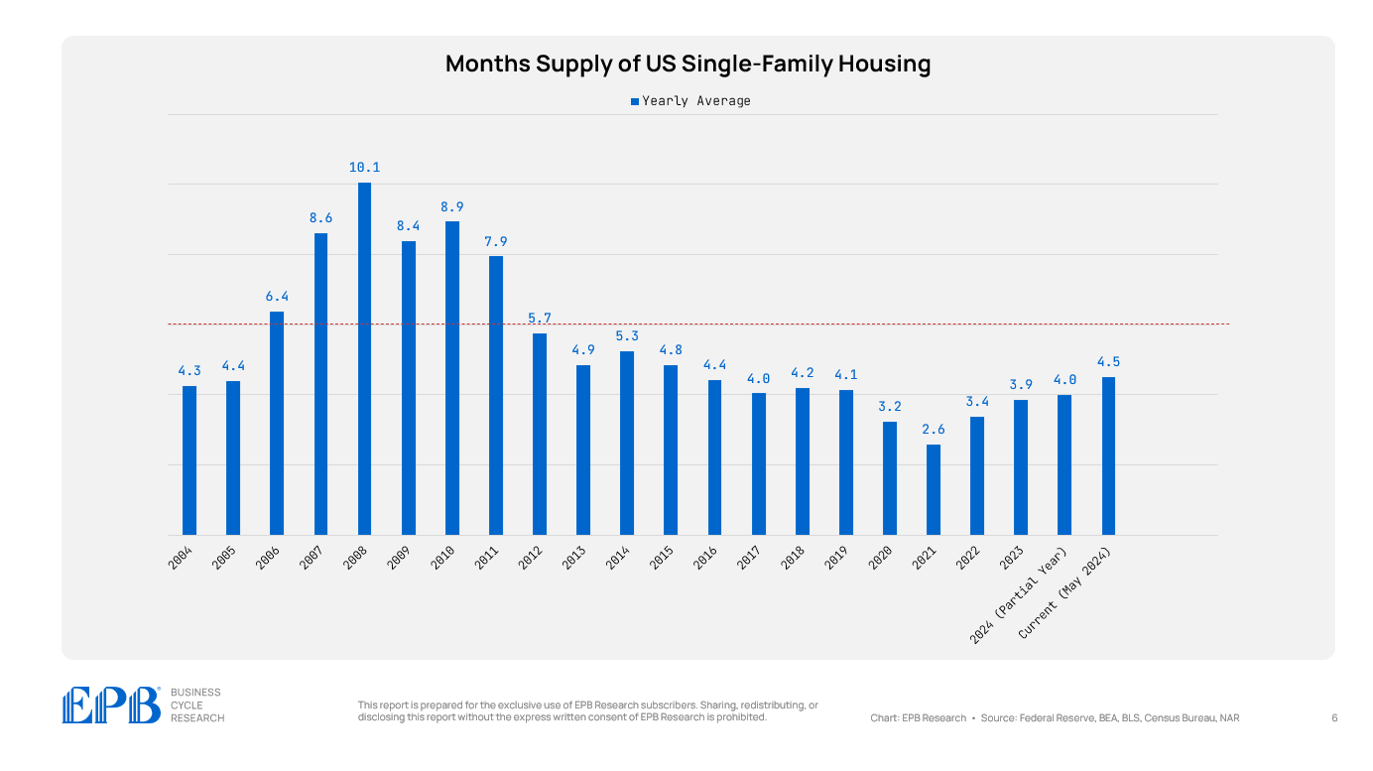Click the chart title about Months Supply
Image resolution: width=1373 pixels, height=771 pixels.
687,64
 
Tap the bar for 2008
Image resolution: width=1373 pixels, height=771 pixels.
364,358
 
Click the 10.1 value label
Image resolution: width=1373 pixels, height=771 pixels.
364,168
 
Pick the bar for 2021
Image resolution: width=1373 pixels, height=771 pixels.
934,489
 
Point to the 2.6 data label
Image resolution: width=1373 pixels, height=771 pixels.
934,430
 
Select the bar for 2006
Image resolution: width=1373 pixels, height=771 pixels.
277,423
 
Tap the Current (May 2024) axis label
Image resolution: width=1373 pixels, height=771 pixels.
1070,593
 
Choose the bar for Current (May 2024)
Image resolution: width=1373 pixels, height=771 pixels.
1108,455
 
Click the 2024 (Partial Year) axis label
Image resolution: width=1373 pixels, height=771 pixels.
1020,596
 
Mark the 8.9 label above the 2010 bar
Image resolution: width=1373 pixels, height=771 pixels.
452,206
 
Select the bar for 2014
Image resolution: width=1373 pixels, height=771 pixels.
627,443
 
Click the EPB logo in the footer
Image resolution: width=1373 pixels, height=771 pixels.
111,706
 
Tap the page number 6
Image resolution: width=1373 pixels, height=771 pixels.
1334,717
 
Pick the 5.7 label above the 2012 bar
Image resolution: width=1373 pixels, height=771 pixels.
540,319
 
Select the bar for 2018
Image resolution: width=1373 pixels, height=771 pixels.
802,460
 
